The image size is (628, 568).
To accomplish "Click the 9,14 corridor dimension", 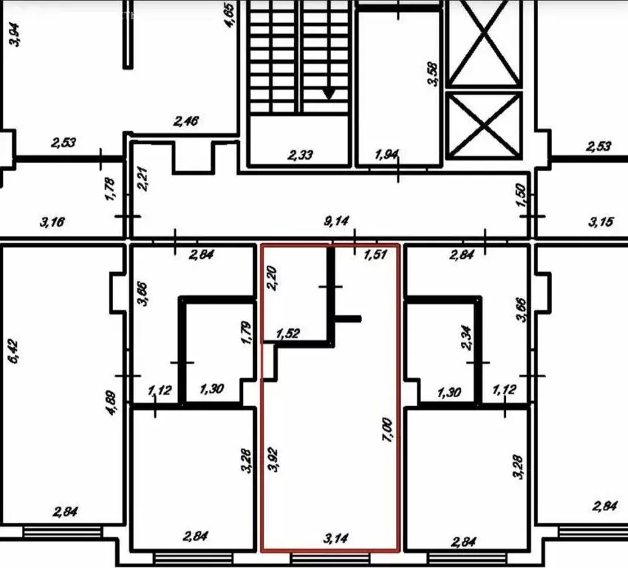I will click(x=337, y=220).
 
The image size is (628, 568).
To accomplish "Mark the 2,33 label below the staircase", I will click(x=301, y=155).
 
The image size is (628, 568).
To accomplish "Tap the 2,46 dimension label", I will click(x=187, y=120).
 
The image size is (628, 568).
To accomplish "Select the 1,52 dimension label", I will click(x=289, y=334).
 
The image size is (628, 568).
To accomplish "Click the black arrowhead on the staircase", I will click(x=328, y=93).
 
